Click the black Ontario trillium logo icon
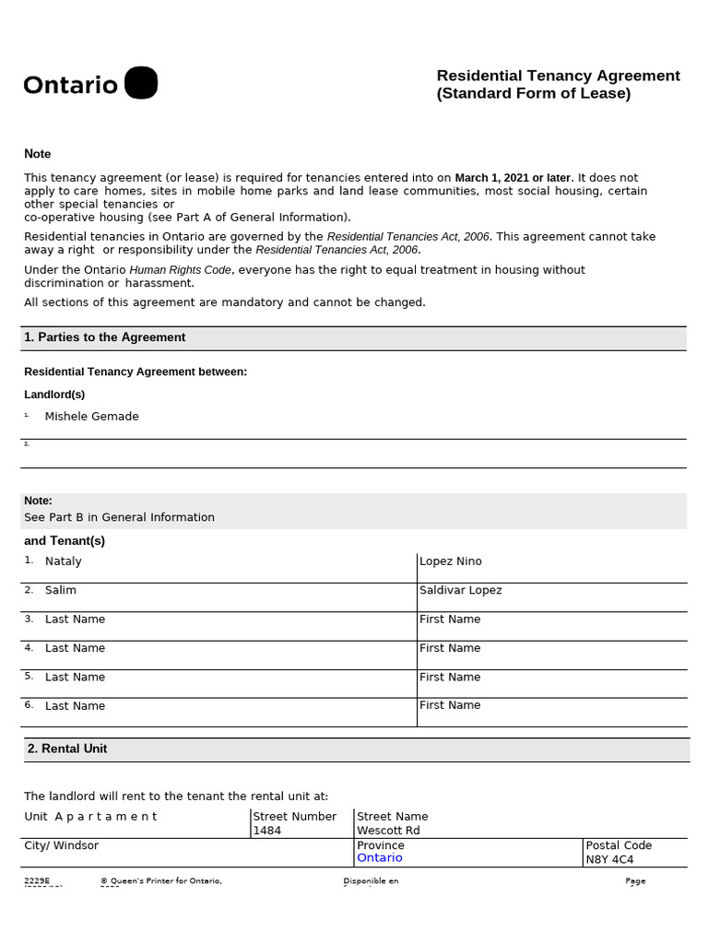(x=140, y=83)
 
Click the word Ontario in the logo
(x=71, y=86)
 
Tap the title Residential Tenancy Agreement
(x=558, y=76)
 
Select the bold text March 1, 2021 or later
(x=513, y=177)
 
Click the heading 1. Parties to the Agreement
(x=104, y=337)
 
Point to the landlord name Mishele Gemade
(x=91, y=417)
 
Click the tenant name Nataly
(x=63, y=561)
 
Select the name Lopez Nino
(x=450, y=561)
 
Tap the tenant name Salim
(x=61, y=590)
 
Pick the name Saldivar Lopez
(x=460, y=590)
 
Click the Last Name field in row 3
(x=75, y=619)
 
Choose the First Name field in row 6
(x=450, y=705)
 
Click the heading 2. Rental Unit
(x=67, y=749)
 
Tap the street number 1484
(x=267, y=831)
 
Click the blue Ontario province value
(x=380, y=858)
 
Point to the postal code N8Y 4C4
(x=609, y=859)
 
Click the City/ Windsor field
(x=61, y=845)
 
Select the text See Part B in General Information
(x=119, y=517)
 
